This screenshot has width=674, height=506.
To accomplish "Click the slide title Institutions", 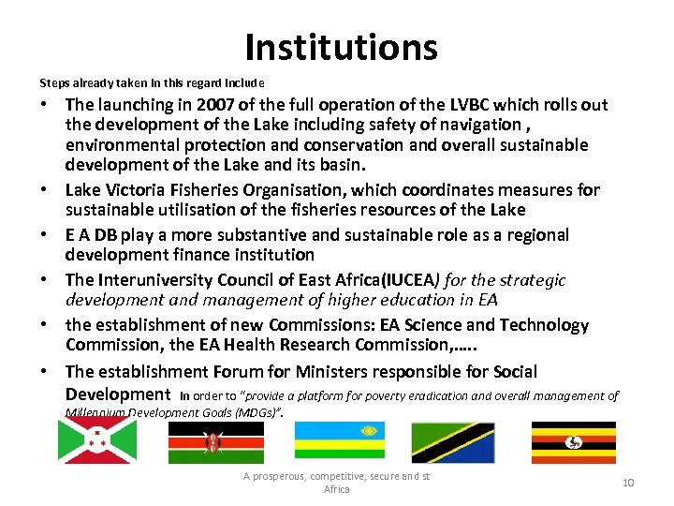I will (341, 46).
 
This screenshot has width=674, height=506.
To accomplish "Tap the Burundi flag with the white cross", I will (96, 440).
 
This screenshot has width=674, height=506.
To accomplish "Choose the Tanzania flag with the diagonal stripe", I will (453, 442).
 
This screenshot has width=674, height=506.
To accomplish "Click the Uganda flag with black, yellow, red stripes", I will (573, 442).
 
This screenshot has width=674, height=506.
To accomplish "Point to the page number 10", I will (628, 482).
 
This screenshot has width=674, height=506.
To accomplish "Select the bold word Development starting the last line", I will (118, 394).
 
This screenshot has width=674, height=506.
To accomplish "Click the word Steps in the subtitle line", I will (52, 82).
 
